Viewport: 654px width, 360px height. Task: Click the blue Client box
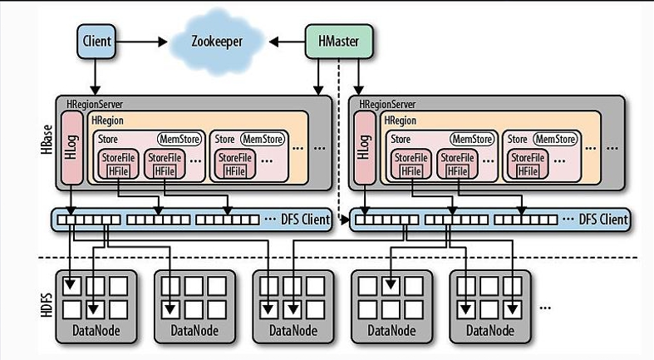click(97, 41)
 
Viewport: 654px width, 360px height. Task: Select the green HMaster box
click(337, 41)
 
